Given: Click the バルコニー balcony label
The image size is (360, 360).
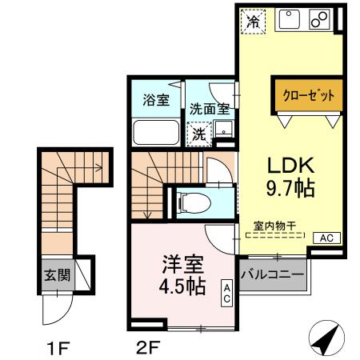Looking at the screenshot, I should [272, 274].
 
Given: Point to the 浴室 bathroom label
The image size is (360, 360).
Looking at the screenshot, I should [156, 101].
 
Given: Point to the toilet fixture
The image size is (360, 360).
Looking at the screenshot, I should [192, 202].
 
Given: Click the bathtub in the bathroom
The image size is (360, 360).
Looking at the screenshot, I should [156, 131].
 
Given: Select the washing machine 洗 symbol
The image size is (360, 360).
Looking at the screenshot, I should [197, 134].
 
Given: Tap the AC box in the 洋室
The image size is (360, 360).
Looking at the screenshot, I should [227, 294].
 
